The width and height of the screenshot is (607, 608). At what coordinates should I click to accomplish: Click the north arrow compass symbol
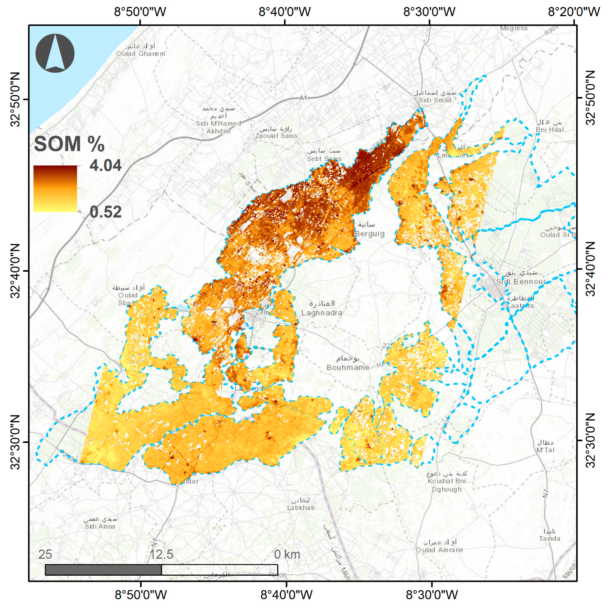[55, 53]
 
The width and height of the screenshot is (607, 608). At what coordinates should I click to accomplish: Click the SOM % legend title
[69, 144]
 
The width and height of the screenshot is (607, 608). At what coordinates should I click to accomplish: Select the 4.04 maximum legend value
[105, 165]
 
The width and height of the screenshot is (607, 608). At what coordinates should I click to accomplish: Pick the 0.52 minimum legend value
[105, 212]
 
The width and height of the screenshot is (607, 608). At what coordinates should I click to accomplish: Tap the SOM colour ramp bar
[55, 189]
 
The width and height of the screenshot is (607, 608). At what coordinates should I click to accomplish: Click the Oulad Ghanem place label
[141, 54]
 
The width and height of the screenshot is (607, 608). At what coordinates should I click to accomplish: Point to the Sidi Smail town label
[435, 100]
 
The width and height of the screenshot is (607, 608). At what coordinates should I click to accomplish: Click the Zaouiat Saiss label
[276, 136]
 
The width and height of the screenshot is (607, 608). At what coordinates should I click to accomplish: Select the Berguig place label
[370, 234]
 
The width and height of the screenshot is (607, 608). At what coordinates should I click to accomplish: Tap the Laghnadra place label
[322, 313]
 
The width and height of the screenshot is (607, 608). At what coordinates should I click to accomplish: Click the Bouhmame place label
[348, 367]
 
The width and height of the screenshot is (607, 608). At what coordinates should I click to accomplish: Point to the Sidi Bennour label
[520, 282]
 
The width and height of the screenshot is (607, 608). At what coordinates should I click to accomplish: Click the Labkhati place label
[301, 508]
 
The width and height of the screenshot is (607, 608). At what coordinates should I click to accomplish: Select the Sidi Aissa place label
[100, 526]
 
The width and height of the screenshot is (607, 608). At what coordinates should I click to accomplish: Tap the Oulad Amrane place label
[439, 550]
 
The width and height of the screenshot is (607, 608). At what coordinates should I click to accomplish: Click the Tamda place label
[549, 538]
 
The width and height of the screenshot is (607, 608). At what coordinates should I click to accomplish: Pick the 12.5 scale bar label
[161, 555]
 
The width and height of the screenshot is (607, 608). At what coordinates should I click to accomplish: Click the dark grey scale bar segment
[103, 570]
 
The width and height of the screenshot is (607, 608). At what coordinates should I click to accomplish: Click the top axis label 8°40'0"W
[284, 12]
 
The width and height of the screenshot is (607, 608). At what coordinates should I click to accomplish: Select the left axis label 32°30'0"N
[15, 442]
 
